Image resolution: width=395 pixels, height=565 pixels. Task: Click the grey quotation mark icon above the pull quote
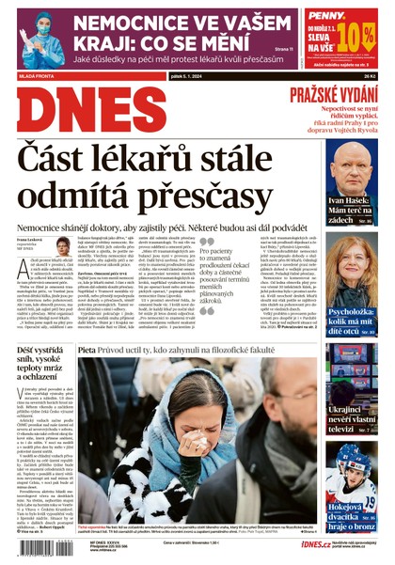pyautogui.click(x=204, y=243)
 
